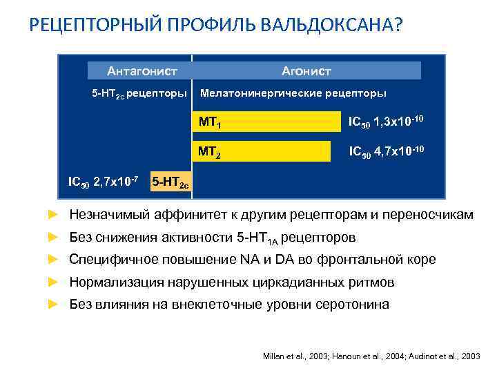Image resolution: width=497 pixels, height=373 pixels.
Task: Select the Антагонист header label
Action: click(x=142, y=70)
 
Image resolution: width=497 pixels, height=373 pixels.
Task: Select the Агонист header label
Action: click(x=306, y=70)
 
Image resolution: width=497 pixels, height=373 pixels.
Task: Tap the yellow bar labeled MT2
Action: click(x=262, y=151)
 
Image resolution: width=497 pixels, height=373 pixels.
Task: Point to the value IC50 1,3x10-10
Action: click(x=385, y=122)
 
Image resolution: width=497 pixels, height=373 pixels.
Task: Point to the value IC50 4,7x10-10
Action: click(x=385, y=150)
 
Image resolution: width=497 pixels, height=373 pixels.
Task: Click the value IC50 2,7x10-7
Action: click(x=104, y=182)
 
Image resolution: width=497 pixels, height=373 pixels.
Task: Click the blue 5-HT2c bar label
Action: click(x=170, y=184)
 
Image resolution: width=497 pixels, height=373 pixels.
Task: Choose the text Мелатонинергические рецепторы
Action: click(x=293, y=93)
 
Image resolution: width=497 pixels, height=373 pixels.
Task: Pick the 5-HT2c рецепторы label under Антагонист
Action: click(x=139, y=93)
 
